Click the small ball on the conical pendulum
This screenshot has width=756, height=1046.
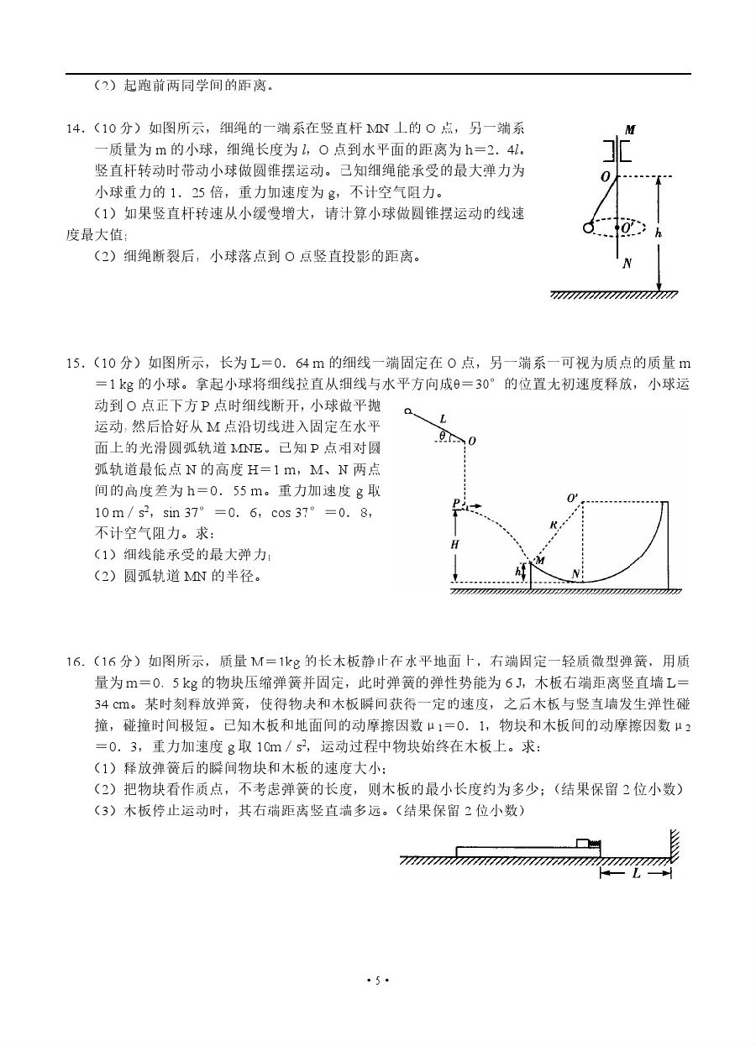[x=586, y=228]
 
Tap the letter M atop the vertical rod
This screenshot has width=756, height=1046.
[x=629, y=130]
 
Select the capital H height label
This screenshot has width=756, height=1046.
[x=454, y=544]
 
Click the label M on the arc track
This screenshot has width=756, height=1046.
[x=540, y=560]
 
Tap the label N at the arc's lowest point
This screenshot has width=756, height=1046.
[x=576, y=573]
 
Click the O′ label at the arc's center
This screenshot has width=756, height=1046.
[x=573, y=499]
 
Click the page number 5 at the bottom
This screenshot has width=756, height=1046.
[x=378, y=981]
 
